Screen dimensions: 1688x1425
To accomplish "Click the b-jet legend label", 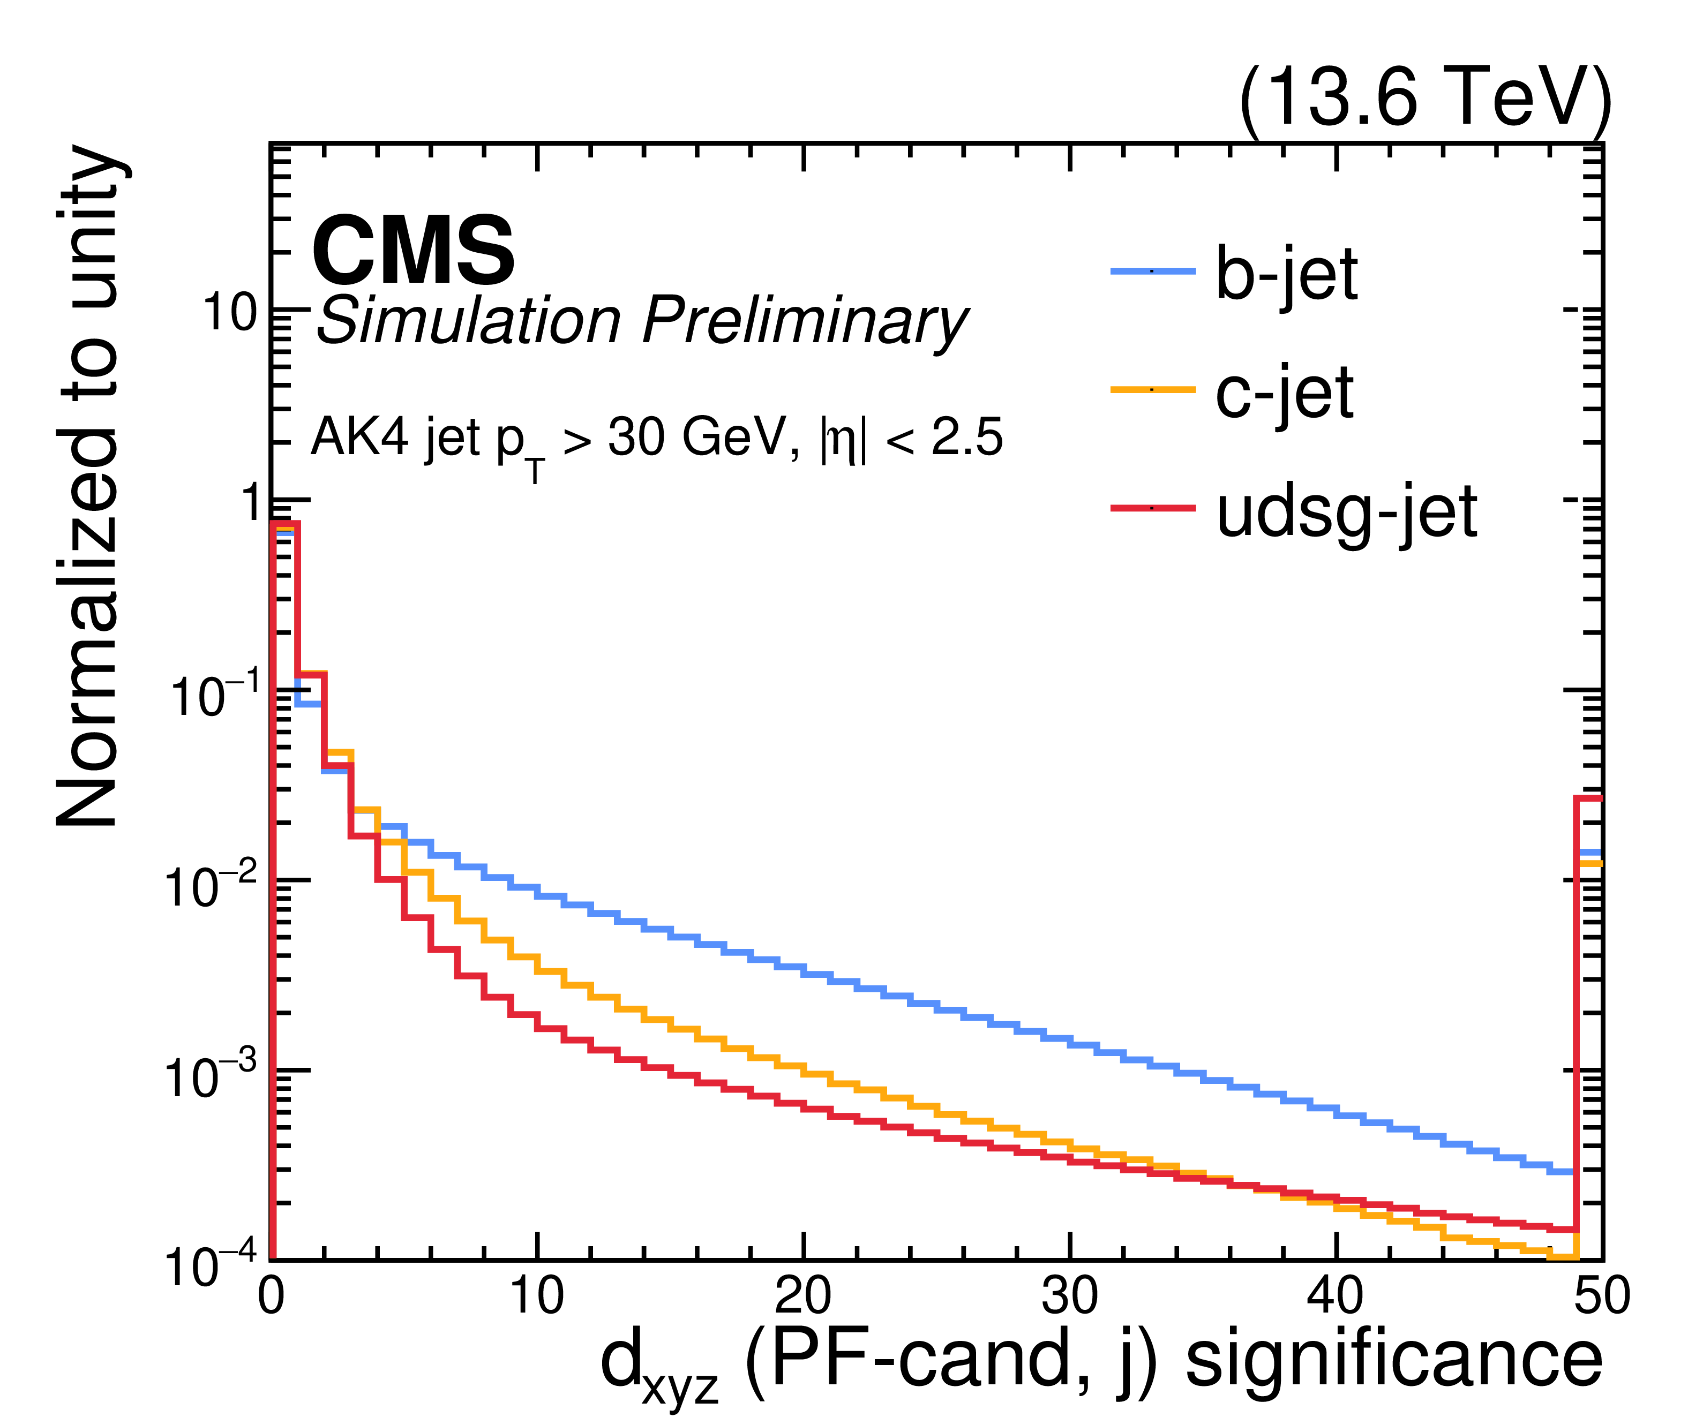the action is point(1286,275).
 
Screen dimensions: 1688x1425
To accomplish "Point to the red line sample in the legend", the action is point(1152,508).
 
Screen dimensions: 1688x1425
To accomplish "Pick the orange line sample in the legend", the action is point(1152,389).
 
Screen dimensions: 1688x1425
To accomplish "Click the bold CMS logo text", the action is point(413,251).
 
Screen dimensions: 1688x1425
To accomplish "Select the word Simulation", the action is point(469,321).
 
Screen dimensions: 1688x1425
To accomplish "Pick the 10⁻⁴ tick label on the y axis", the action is point(212,1264).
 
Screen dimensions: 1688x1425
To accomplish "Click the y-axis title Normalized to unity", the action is point(88,486).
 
